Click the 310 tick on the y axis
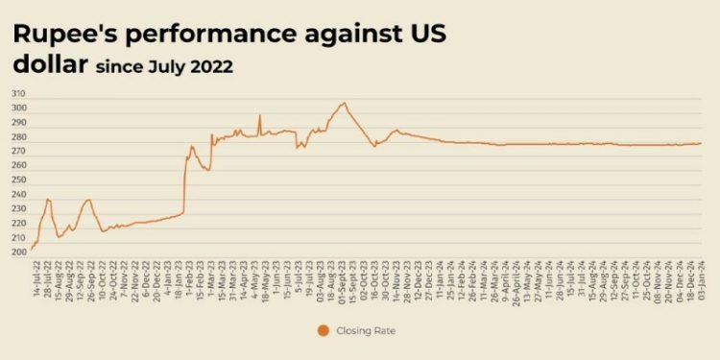19,94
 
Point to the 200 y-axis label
19,252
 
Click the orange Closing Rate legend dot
323,331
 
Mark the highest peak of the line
344,103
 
